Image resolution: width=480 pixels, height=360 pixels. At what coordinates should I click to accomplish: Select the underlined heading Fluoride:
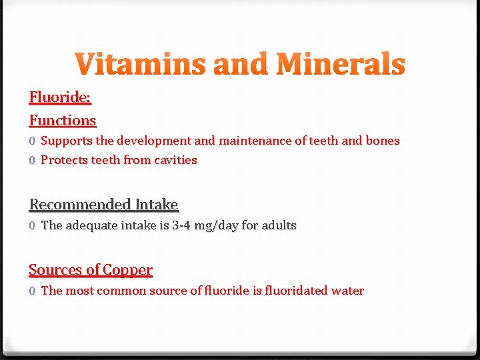(60, 97)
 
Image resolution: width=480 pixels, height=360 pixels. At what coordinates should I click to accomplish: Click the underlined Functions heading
(63, 121)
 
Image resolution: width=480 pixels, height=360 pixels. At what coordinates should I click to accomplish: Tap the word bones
(383, 141)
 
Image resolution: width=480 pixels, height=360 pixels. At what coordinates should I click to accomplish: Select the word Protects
(65, 160)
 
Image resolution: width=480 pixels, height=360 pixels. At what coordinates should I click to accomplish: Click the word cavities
(175, 160)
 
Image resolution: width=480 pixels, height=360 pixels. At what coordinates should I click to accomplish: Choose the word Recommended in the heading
(80, 205)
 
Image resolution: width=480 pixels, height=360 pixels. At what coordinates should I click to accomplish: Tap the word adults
(279, 225)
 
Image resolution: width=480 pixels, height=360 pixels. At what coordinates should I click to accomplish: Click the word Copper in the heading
(127, 270)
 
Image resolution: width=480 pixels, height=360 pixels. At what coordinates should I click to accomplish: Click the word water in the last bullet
(349, 291)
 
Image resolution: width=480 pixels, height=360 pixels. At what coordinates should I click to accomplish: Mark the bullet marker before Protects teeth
(32, 161)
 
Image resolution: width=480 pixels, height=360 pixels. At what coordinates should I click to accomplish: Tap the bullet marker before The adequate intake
(32, 226)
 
